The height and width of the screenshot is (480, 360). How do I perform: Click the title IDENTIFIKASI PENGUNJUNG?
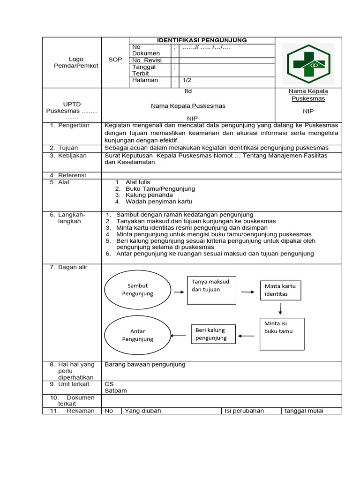tap(202, 40)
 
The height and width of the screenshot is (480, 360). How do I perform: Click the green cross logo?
tap(309, 63)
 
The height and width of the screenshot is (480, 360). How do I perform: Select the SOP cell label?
tap(115, 60)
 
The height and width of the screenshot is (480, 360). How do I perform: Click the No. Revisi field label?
tap(147, 60)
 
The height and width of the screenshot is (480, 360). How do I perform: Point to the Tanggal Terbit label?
tap(144, 70)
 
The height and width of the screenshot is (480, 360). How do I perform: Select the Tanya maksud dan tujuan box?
tap(211, 290)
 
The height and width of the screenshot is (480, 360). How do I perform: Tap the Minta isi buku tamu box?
tap(282, 334)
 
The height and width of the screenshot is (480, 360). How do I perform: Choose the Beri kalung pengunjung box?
tap(211, 334)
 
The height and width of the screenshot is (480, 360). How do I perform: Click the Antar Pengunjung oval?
tap(137, 335)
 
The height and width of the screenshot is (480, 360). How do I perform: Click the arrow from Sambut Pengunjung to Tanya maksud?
tap(178, 292)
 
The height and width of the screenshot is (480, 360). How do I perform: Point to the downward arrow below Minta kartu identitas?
tap(280, 308)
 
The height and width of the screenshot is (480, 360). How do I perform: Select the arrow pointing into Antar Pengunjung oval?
tap(179, 335)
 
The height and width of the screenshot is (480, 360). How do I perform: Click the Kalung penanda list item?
tap(149, 195)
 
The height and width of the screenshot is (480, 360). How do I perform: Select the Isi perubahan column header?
tap(244, 411)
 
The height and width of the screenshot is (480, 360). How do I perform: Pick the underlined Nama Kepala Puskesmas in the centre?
tap(188, 106)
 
